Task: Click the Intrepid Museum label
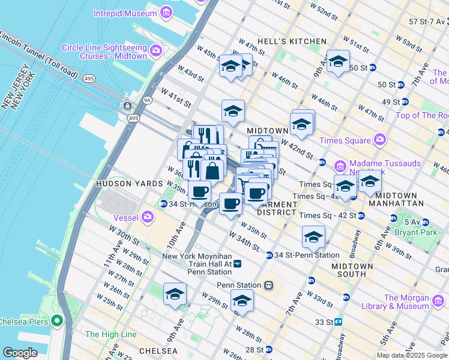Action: tap(123, 13)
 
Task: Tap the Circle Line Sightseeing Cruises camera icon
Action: tap(157, 50)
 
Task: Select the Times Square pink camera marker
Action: tap(379, 140)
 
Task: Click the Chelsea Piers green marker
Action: tap(58, 320)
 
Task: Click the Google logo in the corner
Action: tap(20, 353)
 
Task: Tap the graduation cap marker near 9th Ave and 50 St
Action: tap(338, 62)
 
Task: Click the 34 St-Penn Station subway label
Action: tap(303, 255)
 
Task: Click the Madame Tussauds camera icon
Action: tap(340, 165)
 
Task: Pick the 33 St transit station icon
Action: tap(339, 322)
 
